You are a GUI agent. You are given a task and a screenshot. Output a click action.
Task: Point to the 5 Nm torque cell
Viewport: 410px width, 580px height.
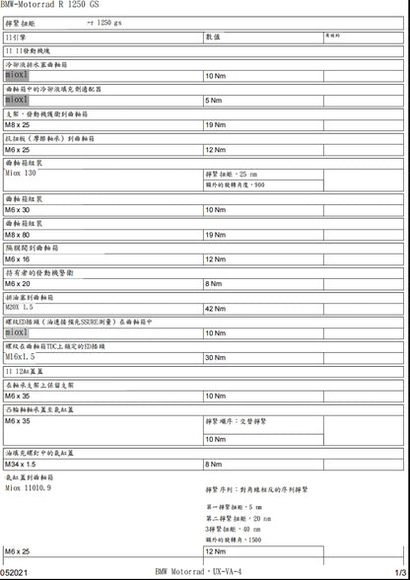tap(213, 101)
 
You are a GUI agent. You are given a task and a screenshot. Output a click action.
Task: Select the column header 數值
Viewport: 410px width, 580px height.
tap(212, 36)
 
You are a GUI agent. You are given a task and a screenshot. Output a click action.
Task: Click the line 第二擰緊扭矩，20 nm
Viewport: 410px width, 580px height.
tap(239, 518)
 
